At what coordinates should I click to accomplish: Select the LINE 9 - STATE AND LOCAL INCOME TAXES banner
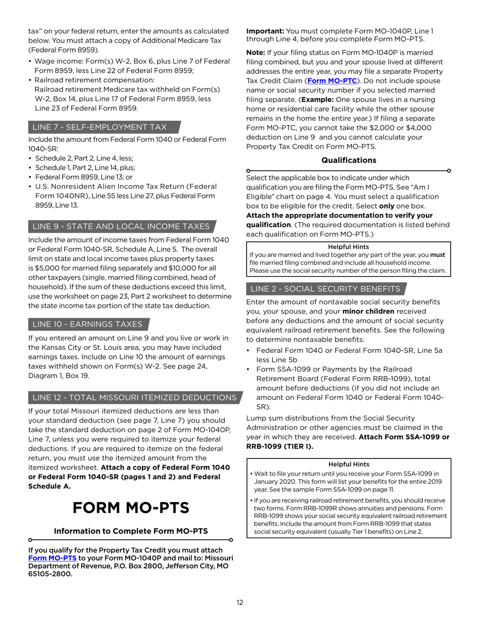(x=121, y=226)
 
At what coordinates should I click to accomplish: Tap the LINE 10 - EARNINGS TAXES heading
(x=87, y=324)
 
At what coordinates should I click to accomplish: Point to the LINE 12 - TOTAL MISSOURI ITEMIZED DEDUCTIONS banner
(x=134, y=398)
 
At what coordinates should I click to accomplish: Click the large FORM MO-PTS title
(x=131, y=507)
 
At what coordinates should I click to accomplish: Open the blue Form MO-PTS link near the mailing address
(x=53, y=558)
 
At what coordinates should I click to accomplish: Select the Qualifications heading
(x=349, y=160)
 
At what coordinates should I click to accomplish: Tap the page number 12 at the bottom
(x=240, y=602)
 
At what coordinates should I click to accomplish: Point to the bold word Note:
(x=256, y=53)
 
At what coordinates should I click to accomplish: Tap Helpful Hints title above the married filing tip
(x=349, y=247)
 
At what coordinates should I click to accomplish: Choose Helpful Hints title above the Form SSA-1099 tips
(x=349, y=464)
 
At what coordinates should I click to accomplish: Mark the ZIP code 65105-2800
(x=51, y=575)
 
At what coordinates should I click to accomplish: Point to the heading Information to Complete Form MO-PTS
(x=131, y=531)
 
